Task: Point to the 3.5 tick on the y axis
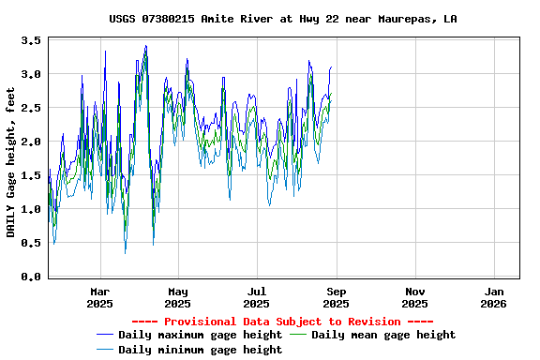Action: pyautogui.click(x=31, y=41)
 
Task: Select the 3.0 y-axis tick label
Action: pyautogui.click(x=31, y=75)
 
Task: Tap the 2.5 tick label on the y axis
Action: pyautogui.click(x=31, y=109)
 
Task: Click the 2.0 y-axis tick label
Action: pyautogui.click(x=31, y=142)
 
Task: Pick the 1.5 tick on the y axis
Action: pyautogui.click(x=31, y=176)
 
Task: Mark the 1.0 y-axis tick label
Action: pyautogui.click(x=31, y=210)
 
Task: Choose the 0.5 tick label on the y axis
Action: pyautogui.click(x=31, y=244)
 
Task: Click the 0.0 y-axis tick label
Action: pyautogui.click(x=31, y=277)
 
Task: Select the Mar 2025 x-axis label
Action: pyautogui.click(x=99, y=296)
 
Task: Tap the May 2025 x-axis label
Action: pyautogui.click(x=177, y=296)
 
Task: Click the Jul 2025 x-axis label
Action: pyautogui.click(x=256, y=296)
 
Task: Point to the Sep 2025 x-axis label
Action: pyautogui.click(x=336, y=296)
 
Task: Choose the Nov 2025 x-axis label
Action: pyautogui.click(x=414, y=296)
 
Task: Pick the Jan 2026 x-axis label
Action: pyautogui.click(x=493, y=296)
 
